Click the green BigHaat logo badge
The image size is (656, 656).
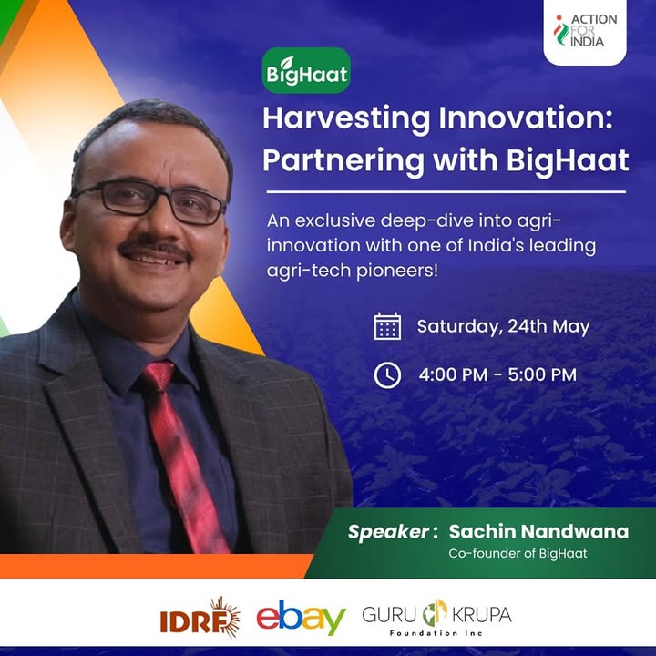(306, 70)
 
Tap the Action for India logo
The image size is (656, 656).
(585, 31)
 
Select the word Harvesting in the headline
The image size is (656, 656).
(346, 119)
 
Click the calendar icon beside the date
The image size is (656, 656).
(387, 326)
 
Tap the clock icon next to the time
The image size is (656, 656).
(387, 375)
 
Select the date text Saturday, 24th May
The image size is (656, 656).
(503, 327)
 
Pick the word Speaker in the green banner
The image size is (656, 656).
(388, 532)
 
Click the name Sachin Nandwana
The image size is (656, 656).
(538, 531)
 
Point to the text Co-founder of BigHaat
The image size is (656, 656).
(518, 554)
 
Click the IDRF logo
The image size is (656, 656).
(200, 618)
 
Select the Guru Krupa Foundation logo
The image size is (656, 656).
(436, 618)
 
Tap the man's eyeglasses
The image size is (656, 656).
(149, 201)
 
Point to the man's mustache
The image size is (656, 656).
(154, 247)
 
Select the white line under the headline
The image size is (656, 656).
(446, 192)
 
